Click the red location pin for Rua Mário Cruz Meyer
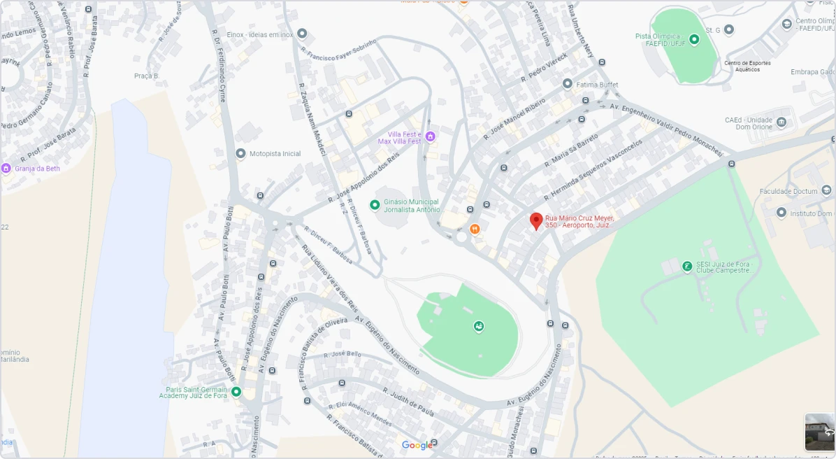pos(536,221)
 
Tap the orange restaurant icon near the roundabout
pos(475,228)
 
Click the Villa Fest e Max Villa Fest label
pos(400,138)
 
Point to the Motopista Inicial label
pos(275,154)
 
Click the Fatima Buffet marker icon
pos(568,84)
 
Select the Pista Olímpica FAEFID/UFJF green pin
pos(694,39)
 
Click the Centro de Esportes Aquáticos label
pos(747,66)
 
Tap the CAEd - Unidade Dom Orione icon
pos(781,123)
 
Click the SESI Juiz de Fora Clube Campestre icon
pos(688,266)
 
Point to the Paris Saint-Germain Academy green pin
pos(236,392)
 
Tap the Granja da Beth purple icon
pos(6,169)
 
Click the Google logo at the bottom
pos(417,446)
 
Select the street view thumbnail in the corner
pos(819,431)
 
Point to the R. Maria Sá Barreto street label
pos(572,150)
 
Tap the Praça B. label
pos(147,76)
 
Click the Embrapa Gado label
pos(812,72)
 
